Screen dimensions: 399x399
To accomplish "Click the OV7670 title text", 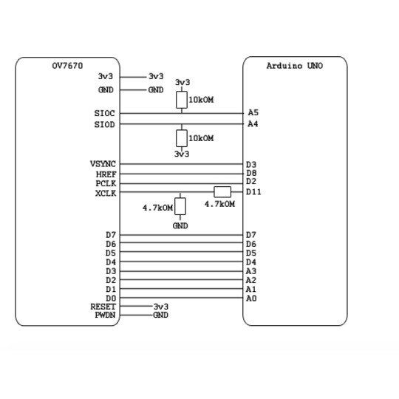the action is (x=67, y=66).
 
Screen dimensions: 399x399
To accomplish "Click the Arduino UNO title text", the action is (x=295, y=66).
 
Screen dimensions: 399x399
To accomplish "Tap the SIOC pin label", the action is (x=105, y=113).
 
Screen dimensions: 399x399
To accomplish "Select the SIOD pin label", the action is (x=105, y=124).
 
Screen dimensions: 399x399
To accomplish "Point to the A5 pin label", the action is (x=253, y=112).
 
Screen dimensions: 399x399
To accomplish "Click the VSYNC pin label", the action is (x=103, y=164).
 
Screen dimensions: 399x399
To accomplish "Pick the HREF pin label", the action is (x=106, y=174).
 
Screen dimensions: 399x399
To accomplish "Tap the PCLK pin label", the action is (x=106, y=183).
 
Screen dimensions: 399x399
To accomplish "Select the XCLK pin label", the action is (x=106, y=194).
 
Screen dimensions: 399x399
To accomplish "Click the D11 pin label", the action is (x=253, y=192).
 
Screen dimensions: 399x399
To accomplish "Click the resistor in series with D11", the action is (x=222, y=192).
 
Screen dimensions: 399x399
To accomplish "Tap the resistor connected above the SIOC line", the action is (x=182, y=100).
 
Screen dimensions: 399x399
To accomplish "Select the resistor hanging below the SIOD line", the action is (x=182, y=138).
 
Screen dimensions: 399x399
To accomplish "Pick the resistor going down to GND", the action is (x=180, y=206).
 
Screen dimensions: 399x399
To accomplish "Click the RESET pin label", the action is (x=103, y=307).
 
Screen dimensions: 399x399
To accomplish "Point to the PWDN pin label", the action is (x=105, y=315).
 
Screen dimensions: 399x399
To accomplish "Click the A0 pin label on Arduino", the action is (x=251, y=299).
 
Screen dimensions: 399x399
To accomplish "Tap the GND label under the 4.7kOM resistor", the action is (x=180, y=225).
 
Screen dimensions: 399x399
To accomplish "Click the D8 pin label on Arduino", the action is (x=251, y=173).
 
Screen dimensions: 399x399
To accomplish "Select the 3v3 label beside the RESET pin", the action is (x=161, y=307).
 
